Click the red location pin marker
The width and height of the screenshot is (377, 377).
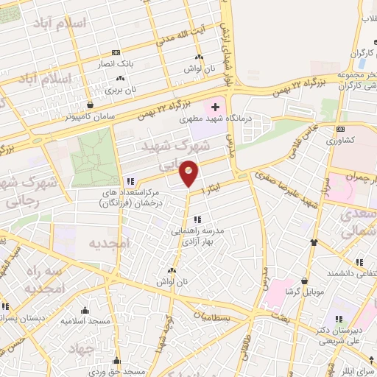coord(189,173)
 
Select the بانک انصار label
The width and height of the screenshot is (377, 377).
coord(117,64)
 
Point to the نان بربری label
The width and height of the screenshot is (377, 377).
coord(121,90)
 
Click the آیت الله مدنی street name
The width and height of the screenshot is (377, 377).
coord(175,34)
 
